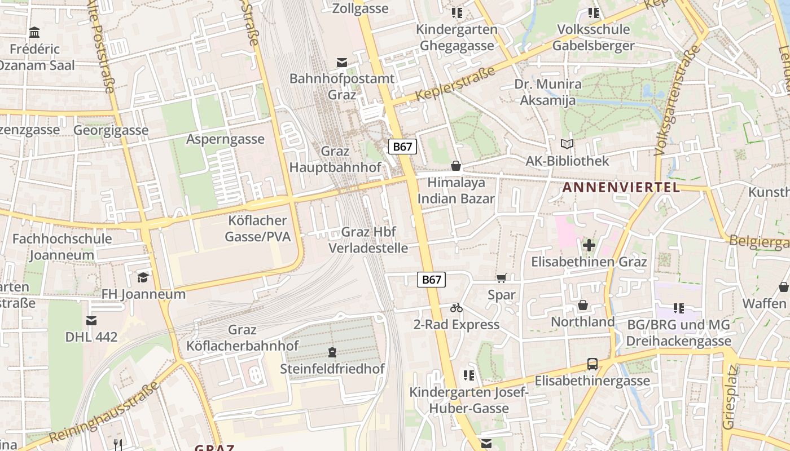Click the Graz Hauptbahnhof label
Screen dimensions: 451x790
click(x=335, y=160)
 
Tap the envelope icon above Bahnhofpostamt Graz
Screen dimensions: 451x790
click(x=342, y=63)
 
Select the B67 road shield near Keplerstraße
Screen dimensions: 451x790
click(x=402, y=147)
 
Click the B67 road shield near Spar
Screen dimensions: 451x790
click(x=431, y=280)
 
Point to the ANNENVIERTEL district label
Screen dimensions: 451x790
click(x=621, y=188)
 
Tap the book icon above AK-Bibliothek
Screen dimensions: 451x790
click(x=567, y=144)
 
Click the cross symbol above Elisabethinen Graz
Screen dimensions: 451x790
click(x=589, y=245)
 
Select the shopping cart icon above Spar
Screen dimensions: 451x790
click(x=501, y=278)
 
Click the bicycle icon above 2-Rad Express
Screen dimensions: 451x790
click(x=457, y=308)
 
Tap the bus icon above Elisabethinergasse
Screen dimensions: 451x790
click(x=592, y=364)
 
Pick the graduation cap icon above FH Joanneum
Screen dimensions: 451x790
click(x=143, y=277)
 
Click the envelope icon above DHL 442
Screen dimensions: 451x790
click(x=91, y=321)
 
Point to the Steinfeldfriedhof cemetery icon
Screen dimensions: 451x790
click(x=332, y=353)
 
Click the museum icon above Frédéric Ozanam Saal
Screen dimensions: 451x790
click(x=34, y=32)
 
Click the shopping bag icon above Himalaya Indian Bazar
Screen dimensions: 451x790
click(x=456, y=166)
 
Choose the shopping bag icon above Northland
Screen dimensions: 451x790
click(x=583, y=305)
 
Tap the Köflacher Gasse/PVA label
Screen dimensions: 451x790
click(x=258, y=228)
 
